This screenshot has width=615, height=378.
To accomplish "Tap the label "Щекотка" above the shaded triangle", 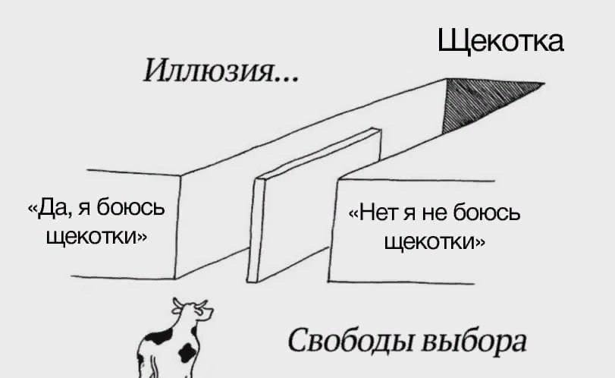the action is pyautogui.click(x=500, y=41).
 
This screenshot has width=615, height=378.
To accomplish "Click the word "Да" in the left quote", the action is pyautogui.click(x=52, y=208).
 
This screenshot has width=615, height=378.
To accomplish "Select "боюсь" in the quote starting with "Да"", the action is pyautogui.click(x=131, y=207).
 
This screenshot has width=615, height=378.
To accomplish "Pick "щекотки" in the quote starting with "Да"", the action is pyautogui.click(x=93, y=236).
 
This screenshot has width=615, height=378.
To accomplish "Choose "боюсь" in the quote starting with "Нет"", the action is pyautogui.click(x=487, y=212).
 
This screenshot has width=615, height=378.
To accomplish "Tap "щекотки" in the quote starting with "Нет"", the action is pyautogui.click(x=430, y=241).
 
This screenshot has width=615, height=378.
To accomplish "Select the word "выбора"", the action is pyautogui.click(x=475, y=341).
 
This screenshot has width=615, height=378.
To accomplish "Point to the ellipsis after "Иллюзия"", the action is pyautogui.click(x=287, y=79).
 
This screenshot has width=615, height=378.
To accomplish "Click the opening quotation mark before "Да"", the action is pyautogui.click(x=32, y=209).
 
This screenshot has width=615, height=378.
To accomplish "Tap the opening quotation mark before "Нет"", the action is pyautogui.click(x=353, y=213).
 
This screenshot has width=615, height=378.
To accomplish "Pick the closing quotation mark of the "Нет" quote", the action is pyautogui.click(x=481, y=243).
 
